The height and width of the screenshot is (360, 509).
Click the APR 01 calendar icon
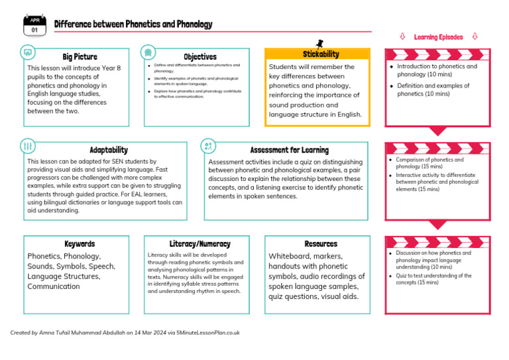coord(34,25)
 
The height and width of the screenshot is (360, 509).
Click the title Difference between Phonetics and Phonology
coord(133,25)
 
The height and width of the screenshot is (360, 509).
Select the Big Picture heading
coord(80,57)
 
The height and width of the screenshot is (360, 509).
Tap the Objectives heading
coord(200,57)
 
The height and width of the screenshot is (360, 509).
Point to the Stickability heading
coord(321,54)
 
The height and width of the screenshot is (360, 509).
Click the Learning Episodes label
coord(438,37)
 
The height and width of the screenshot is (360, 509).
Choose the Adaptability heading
coord(109,150)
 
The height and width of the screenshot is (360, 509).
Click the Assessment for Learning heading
coord(289,150)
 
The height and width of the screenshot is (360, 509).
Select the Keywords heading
coord(80,244)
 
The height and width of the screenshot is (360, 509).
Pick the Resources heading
coord(321,244)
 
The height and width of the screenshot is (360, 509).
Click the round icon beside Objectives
coord(148,52)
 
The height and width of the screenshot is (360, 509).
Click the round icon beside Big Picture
coord(28,52)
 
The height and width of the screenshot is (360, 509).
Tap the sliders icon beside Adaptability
coord(28,146)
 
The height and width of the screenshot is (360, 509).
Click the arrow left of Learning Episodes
coord(402,37)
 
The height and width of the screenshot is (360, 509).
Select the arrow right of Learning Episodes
coord(475,37)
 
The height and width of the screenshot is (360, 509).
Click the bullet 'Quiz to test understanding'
coord(434,279)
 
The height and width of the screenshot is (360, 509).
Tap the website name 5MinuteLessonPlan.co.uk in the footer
coord(208,333)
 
